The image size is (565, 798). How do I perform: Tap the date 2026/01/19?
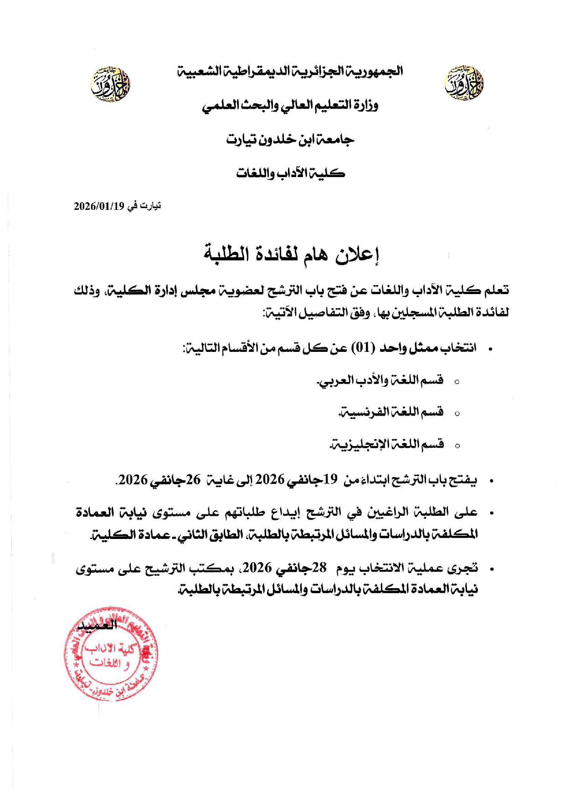[x=99, y=206]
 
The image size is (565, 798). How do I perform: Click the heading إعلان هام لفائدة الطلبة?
[x=291, y=254]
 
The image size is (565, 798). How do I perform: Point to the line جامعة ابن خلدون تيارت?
[x=291, y=139]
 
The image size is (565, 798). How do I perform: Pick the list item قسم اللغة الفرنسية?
[x=391, y=412]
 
